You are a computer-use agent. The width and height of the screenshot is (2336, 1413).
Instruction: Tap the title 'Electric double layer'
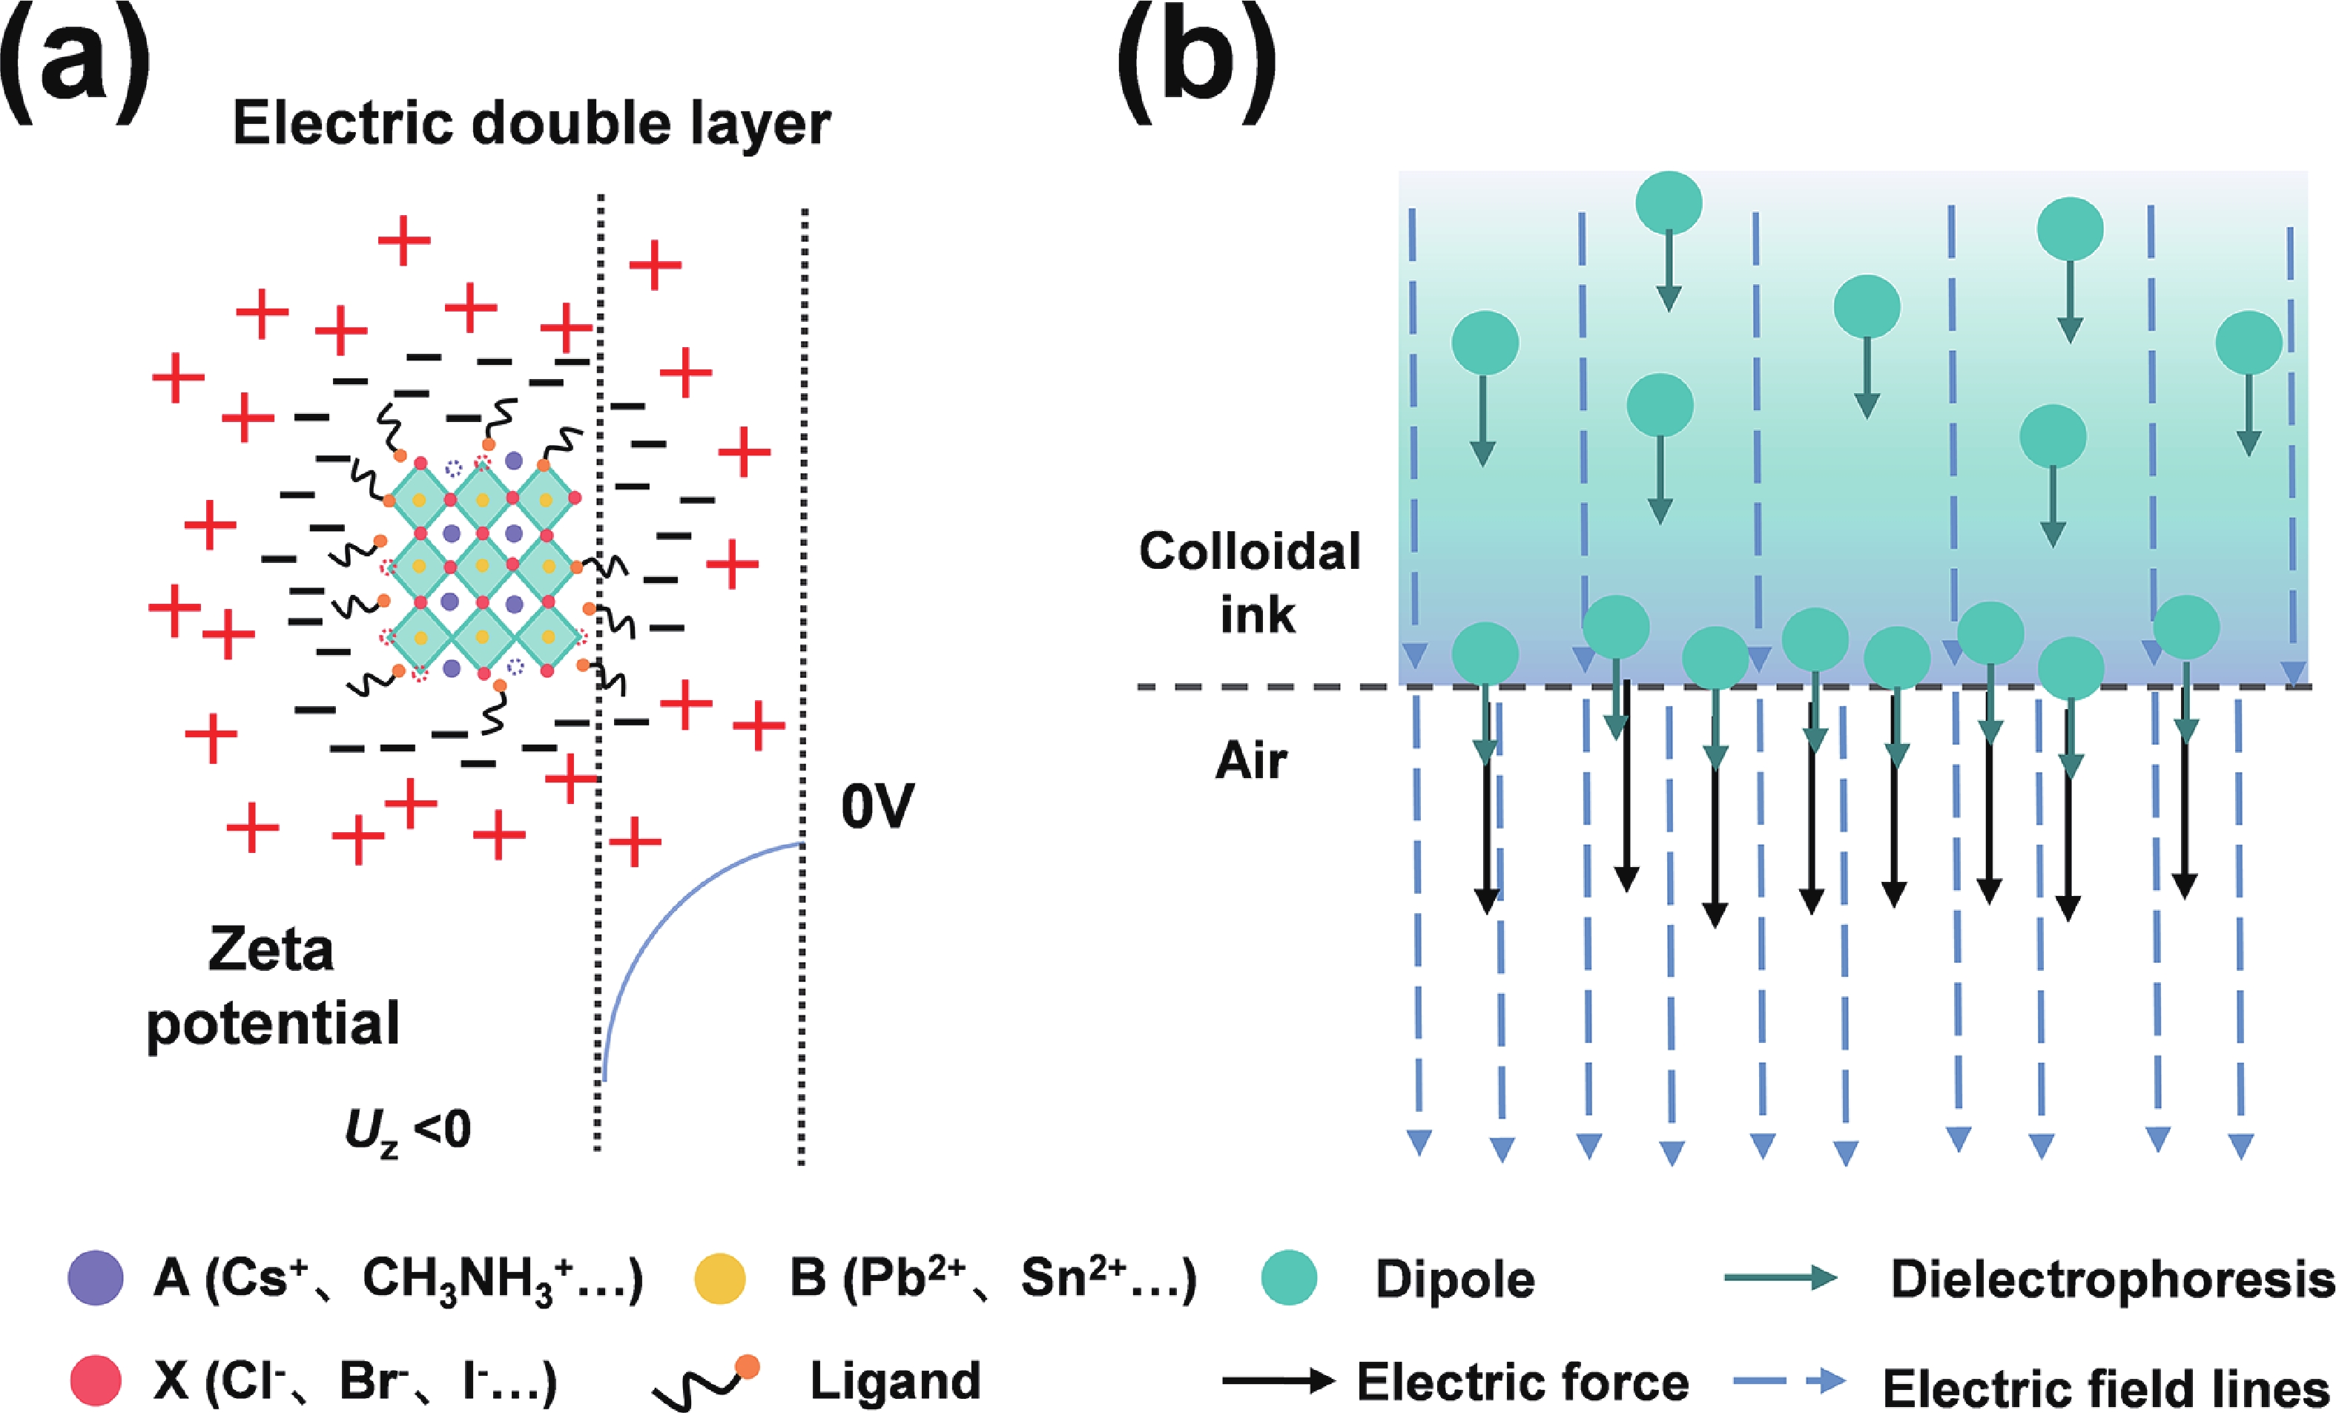pos(531,123)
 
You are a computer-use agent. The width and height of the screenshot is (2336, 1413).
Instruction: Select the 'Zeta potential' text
pos(273,987)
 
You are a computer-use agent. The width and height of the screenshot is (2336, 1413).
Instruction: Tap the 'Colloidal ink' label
pos(1250,582)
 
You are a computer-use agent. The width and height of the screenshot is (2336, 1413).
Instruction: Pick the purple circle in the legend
pos(96,1277)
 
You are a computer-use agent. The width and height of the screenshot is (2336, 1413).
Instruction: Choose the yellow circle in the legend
pos(719,1277)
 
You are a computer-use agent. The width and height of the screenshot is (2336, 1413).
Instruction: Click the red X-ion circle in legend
pos(96,1380)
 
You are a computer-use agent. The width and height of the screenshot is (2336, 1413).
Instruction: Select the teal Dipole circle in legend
pos(1290,1277)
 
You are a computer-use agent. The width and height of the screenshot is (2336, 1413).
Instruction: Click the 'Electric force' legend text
pos(1522,1381)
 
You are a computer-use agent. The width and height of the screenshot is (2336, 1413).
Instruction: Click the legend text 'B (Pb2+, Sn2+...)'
pos(992,1278)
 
